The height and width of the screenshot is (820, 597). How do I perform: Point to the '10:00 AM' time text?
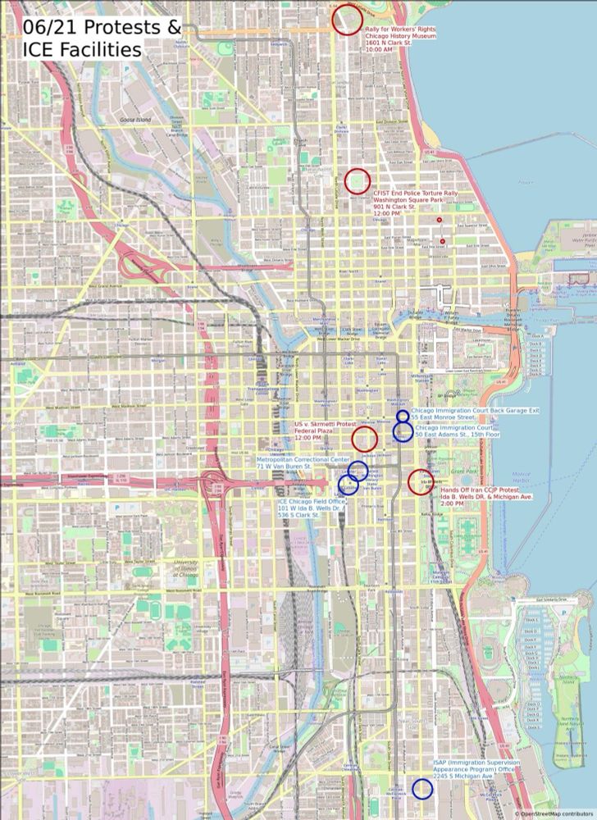click(x=378, y=50)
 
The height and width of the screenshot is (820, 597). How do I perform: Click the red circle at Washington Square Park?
click(x=358, y=180)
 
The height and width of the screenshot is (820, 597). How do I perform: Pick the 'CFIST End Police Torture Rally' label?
click(x=415, y=193)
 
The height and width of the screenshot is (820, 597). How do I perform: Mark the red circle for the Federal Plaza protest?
click(x=364, y=438)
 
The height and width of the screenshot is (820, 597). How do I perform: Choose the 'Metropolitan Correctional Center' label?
click(x=303, y=460)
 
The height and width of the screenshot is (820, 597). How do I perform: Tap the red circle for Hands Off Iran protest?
click(x=421, y=481)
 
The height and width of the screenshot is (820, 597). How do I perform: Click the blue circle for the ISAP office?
click(x=422, y=789)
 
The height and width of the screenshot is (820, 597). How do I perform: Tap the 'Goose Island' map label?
click(x=130, y=120)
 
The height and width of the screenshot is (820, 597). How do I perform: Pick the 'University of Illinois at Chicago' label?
click(x=187, y=567)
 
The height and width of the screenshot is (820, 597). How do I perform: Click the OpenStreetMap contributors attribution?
click(x=554, y=813)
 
